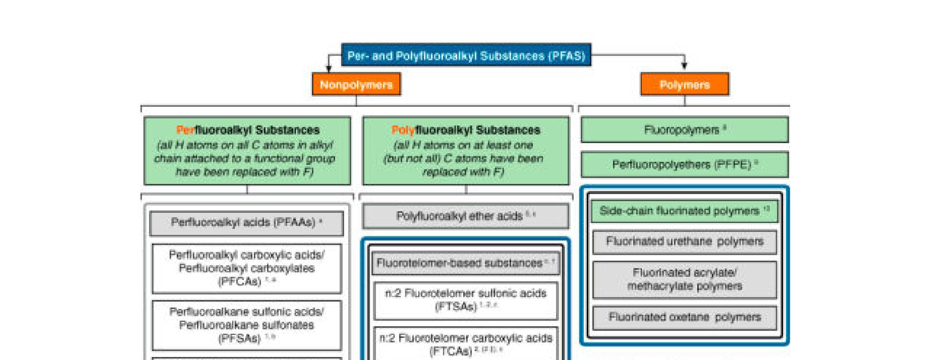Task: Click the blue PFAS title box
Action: point(466,55)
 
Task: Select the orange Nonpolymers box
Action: point(356,85)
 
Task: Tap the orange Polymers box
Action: point(684,85)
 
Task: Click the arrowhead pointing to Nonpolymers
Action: point(329,69)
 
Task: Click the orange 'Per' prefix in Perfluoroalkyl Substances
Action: point(185,130)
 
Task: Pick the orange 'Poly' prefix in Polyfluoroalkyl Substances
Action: point(403,130)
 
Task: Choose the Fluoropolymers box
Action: point(684,130)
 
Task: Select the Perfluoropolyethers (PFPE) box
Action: point(684,164)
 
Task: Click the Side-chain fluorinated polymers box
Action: point(684,211)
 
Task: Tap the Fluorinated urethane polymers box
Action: point(684,242)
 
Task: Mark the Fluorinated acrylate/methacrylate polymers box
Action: point(684,279)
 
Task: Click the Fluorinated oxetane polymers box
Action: point(684,317)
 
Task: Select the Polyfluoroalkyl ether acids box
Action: point(465,216)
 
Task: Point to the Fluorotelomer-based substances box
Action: point(465,263)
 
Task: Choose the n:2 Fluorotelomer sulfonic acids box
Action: point(465,300)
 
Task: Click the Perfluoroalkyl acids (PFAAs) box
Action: point(246,223)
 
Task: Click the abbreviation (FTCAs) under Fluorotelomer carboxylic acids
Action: point(450,351)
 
